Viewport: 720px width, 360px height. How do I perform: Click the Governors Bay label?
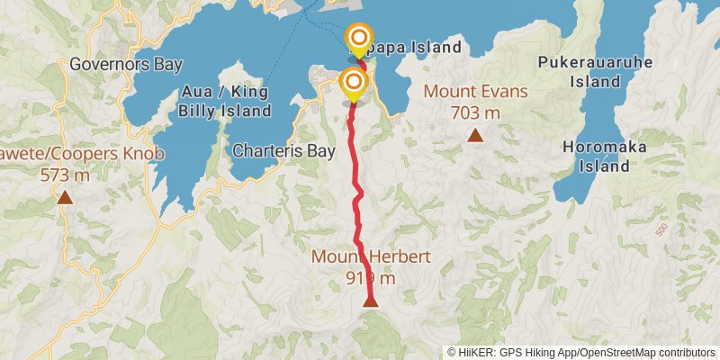126,65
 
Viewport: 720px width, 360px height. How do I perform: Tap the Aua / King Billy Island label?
225,101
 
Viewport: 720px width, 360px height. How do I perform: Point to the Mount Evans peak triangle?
474,136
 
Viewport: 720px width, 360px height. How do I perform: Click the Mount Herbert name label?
371,256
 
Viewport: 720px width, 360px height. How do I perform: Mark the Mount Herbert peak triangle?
371,301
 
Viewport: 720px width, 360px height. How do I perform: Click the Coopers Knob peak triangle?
65,197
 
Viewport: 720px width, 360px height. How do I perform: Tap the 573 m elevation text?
65,175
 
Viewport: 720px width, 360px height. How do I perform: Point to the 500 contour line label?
663,229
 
